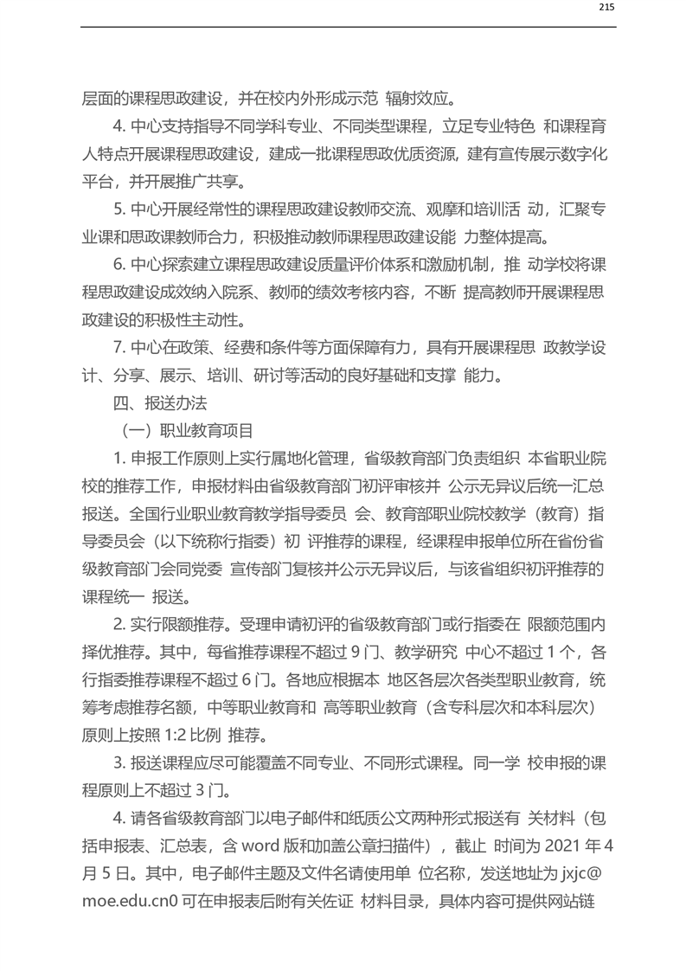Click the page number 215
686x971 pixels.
click(606, 8)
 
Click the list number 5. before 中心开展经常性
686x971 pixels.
click(119, 208)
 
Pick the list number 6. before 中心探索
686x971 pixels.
click(119, 263)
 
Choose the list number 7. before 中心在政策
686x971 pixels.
click(119, 347)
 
